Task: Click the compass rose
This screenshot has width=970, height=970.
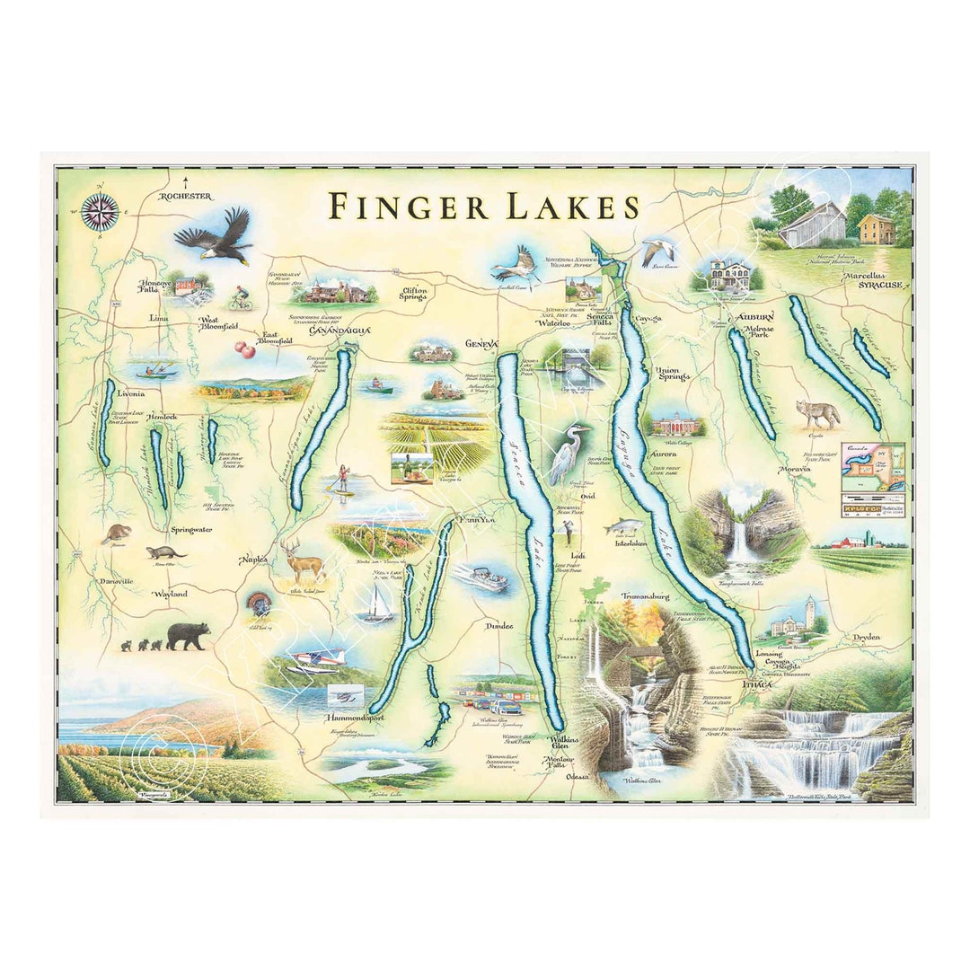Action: pyautogui.click(x=100, y=212)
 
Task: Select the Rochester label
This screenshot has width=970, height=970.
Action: pyautogui.click(x=186, y=196)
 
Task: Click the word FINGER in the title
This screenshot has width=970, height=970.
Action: pyautogui.click(x=408, y=206)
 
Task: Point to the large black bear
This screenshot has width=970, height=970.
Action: pyautogui.click(x=187, y=636)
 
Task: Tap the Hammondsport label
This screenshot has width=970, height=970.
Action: pyautogui.click(x=343, y=720)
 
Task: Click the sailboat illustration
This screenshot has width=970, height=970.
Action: pyautogui.click(x=375, y=606)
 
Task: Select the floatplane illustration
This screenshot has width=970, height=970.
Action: pyautogui.click(x=315, y=659)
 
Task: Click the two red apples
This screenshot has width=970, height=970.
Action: pyautogui.click(x=243, y=348)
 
